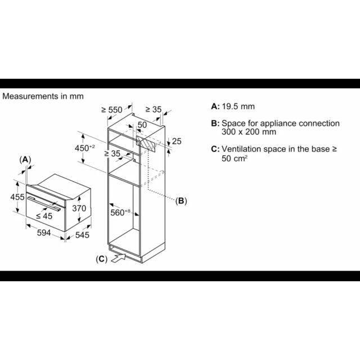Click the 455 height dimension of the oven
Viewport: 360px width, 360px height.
(17, 197)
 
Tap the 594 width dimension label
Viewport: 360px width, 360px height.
(44, 233)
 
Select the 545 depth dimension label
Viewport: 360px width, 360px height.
(82, 235)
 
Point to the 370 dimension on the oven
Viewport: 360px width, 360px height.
(79, 208)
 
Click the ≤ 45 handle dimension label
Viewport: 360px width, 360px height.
(44, 216)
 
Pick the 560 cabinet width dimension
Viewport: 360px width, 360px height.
(120, 213)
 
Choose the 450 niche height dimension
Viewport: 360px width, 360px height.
(85, 148)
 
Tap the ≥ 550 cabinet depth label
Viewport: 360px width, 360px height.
(112, 110)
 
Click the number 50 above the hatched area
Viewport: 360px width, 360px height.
(142, 125)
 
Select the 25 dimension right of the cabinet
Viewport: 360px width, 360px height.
(177, 141)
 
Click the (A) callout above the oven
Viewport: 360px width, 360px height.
(25, 160)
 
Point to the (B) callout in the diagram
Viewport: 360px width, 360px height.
(181, 201)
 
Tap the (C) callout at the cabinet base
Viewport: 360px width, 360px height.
(101, 259)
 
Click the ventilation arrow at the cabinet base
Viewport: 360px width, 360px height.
(119, 258)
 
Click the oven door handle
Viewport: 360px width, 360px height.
(44, 203)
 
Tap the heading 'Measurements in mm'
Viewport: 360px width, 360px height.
(43, 96)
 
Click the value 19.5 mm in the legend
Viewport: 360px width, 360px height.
(238, 106)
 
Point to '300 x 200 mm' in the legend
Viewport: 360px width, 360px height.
(249, 132)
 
